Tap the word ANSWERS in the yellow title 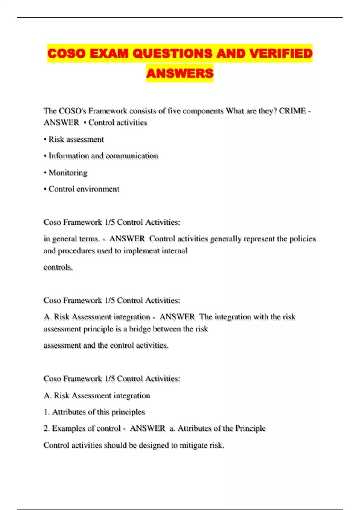pyautogui.click(x=180, y=73)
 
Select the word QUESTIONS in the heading pyautogui.click(x=172, y=53)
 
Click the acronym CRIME pyautogui.click(x=292, y=111)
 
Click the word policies pyautogui.click(x=302, y=239)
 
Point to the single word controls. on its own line pyautogui.click(x=58, y=267)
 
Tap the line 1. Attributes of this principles pyautogui.click(x=94, y=412)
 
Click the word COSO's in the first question pyautogui.click(x=72, y=111)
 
